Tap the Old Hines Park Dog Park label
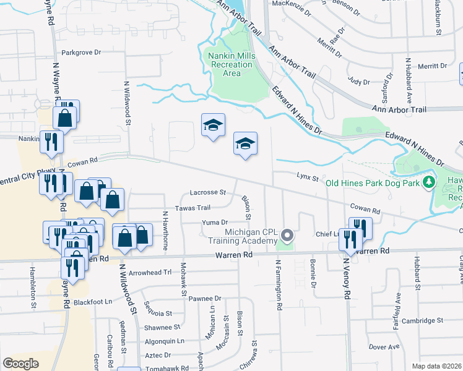tap(373, 182)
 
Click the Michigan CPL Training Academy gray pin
tap(287, 235)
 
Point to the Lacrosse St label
tap(208, 192)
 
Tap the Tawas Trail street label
tap(194, 208)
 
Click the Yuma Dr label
tap(214, 222)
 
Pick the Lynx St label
tap(306, 178)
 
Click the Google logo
tap(20, 364)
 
